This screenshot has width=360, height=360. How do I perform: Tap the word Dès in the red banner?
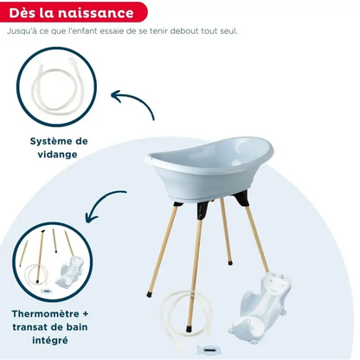coord(22,13)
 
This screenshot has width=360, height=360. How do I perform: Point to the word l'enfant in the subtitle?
coord(83,31)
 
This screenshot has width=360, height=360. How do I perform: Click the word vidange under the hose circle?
coord(58,154)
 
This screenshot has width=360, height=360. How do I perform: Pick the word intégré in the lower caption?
coord(50,340)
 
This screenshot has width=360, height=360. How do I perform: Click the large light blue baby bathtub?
coord(210,167)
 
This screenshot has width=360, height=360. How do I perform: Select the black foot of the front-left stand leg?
coord(149,295)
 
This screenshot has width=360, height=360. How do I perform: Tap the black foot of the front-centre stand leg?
coord(189,329)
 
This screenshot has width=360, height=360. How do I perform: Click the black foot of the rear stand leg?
coord(230,263)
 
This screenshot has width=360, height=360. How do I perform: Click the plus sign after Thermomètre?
coord(85,314)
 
